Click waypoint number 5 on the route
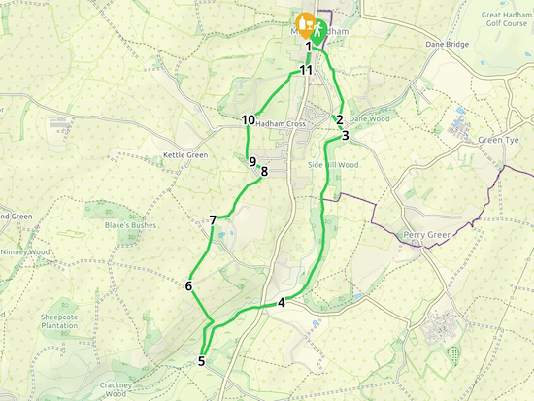[x=202, y=362]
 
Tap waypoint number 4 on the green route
[x=282, y=302]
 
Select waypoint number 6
[x=188, y=285]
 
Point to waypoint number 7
[x=213, y=220]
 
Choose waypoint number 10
[x=249, y=120]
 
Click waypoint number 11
[x=306, y=70]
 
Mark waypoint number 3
[x=345, y=136]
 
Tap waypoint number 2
[x=339, y=119]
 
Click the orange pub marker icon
[x=304, y=22]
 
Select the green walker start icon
[x=319, y=26]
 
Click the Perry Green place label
[x=427, y=235]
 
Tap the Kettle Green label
[x=185, y=155]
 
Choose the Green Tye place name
[x=501, y=140]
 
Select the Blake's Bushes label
[x=130, y=226]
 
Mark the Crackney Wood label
[x=115, y=389]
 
